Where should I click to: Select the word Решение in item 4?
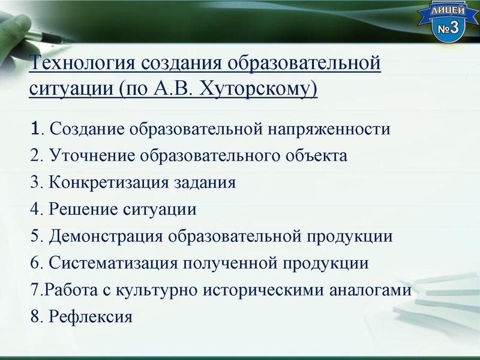pyautogui.click(x=79, y=210)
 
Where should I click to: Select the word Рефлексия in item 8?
pyautogui.click(x=90, y=316)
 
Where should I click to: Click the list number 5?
pyautogui.click(x=34, y=236)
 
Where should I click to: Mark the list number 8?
pyautogui.click(x=34, y=316)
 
